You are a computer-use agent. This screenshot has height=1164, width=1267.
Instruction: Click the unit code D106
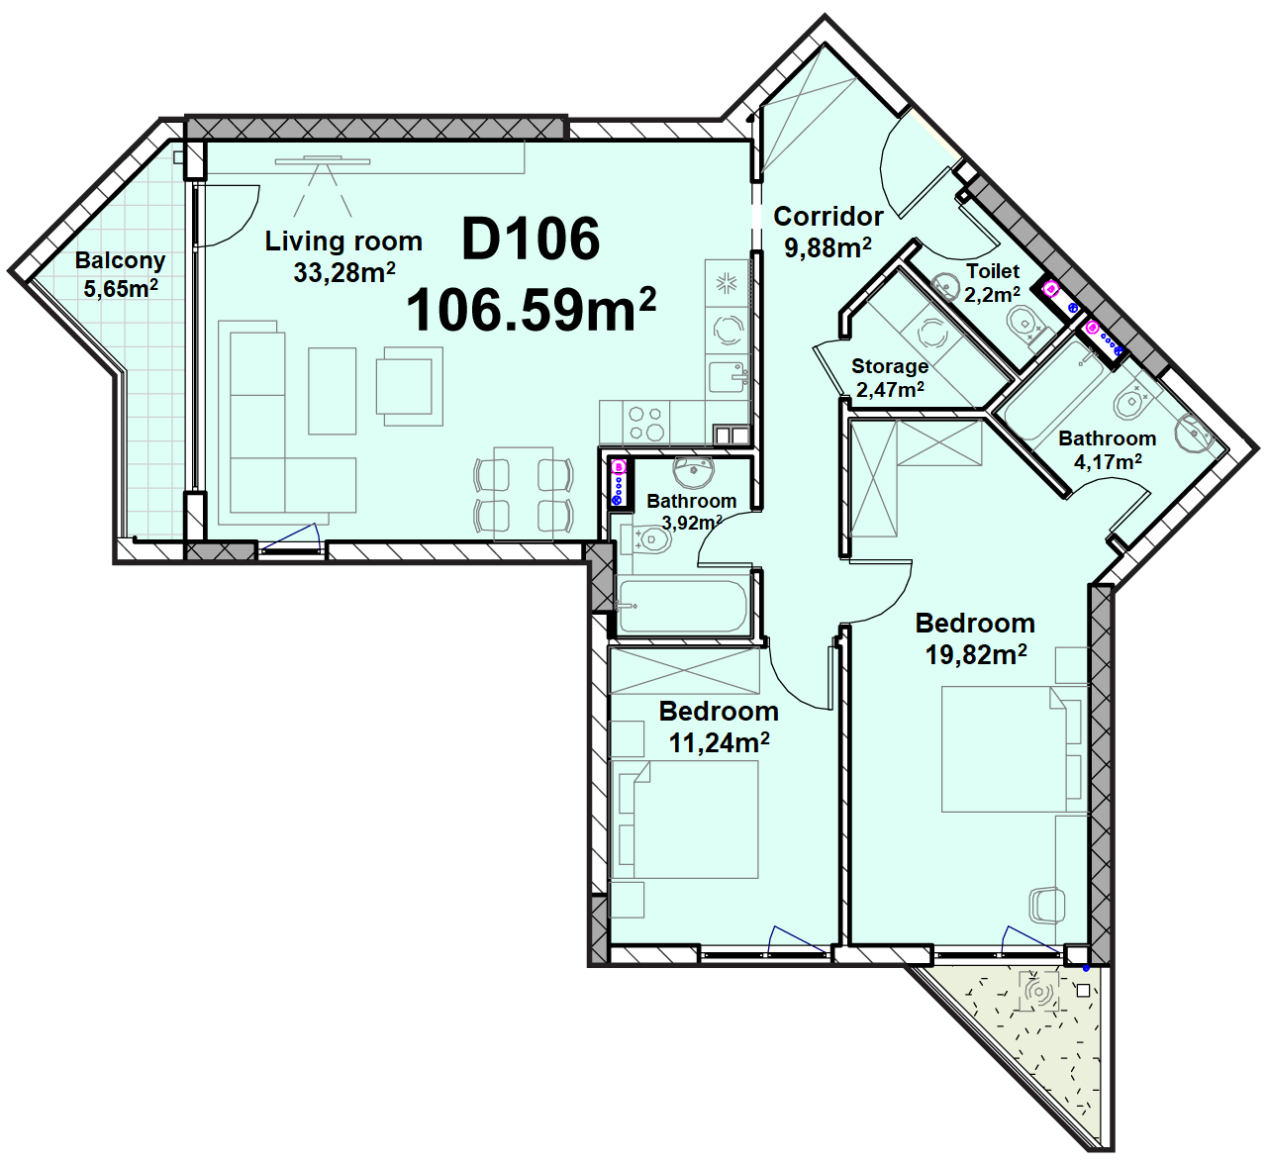(531, 239)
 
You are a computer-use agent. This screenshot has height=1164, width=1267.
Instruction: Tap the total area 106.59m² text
(532, 308)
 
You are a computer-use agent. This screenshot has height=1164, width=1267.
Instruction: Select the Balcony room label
(120, 260)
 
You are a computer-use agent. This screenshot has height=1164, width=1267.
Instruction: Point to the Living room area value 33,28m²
(344, 272)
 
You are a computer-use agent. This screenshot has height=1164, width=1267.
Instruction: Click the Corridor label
(828, 216)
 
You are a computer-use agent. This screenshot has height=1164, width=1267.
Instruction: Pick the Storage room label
(889, 365)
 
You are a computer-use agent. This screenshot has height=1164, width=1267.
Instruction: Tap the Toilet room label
(993, 271)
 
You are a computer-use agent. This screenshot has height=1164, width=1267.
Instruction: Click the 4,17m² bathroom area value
(1108, 461)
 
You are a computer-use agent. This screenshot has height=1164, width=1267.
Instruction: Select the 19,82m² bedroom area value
(976, 655)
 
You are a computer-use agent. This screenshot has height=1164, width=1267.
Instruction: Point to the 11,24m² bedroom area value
(719, 742)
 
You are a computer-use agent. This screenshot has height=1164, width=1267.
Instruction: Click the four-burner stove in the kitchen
(645, 423)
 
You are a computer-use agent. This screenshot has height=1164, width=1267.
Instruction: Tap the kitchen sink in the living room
(728, 377)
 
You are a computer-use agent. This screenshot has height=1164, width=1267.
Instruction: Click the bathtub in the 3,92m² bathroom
(683, 607)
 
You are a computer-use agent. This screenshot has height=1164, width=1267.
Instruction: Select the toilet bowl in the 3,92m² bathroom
(647, 540)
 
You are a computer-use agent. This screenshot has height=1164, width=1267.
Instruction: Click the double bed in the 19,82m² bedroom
(1011, 749)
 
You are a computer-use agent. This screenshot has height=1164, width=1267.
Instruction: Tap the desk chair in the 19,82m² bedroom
(1046, 905)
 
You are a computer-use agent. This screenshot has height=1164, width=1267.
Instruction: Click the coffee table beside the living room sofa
(333, 391)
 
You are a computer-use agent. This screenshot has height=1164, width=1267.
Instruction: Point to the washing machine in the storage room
(931, 332)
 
